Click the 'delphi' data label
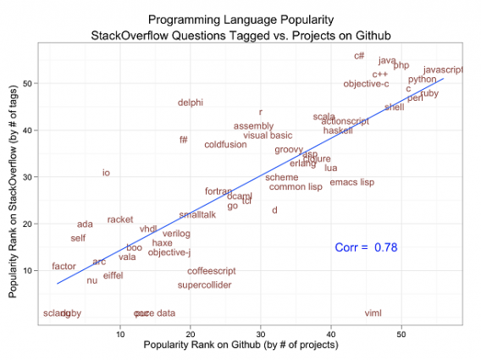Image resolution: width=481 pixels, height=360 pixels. (x=191, y=102)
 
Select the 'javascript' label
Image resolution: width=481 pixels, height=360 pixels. (x=443, y=69)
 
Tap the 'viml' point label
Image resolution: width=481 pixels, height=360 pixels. (x=373, y=313)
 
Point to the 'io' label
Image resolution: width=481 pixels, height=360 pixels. (x=106, y=173)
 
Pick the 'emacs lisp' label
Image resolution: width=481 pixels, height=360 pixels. (x=352, y=182)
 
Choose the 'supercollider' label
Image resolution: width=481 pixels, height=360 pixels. (x=205, y=285)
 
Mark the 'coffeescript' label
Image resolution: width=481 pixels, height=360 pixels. (x=212, y=271)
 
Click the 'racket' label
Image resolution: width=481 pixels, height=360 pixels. (x=120, y=219)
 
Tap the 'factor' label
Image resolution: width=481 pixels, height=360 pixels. (x=64, y=266)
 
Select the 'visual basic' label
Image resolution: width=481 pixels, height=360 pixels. (x=268, y=136)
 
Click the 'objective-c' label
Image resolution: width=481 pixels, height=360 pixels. (x=367, y=84)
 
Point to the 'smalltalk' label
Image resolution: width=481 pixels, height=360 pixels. (x=197, y=215)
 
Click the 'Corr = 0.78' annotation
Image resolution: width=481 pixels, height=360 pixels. (x=366, y=247)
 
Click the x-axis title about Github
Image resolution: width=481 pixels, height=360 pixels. (x=241, y=346)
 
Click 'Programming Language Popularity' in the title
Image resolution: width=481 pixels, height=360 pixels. (x=240, y=18)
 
